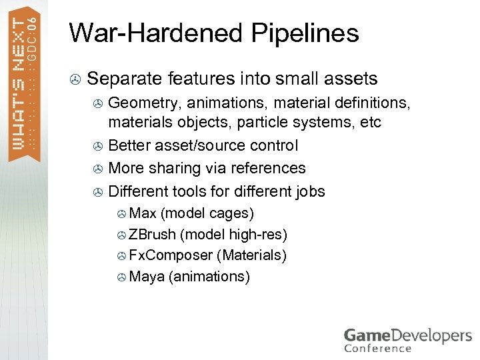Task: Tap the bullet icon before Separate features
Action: point(76,80)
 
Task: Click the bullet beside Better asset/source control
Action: point(97,147)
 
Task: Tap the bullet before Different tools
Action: point(97,193)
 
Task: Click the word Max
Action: point(143,213)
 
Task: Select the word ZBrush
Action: point(152,234)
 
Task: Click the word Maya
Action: point(146,276)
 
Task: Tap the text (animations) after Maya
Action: point(209,276)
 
